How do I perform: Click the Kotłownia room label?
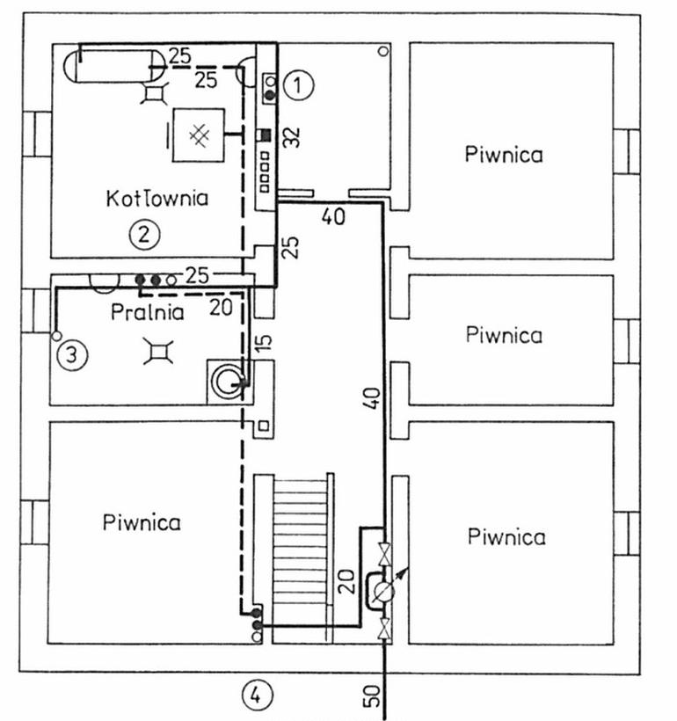click(157, 198)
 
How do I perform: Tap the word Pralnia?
click(147, 313)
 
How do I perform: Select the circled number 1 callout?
click(298, 85)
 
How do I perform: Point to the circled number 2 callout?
click(144, 235)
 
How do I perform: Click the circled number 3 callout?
click(72, 354)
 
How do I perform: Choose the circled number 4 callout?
click(257, 695)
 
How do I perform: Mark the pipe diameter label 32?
click(291, 137)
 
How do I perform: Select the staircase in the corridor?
click(301, 557)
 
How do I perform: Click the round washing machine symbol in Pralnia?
click(228, 382)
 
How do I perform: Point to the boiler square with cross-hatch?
click(199, 135)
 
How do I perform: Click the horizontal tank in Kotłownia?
click(114, 67)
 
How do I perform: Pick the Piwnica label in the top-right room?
click(504, 154)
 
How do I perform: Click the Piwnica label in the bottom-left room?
click(142, 523)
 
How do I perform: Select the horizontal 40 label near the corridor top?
click(333, 216)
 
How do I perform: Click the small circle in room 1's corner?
click(383, 51)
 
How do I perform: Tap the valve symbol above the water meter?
click(383, 554)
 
